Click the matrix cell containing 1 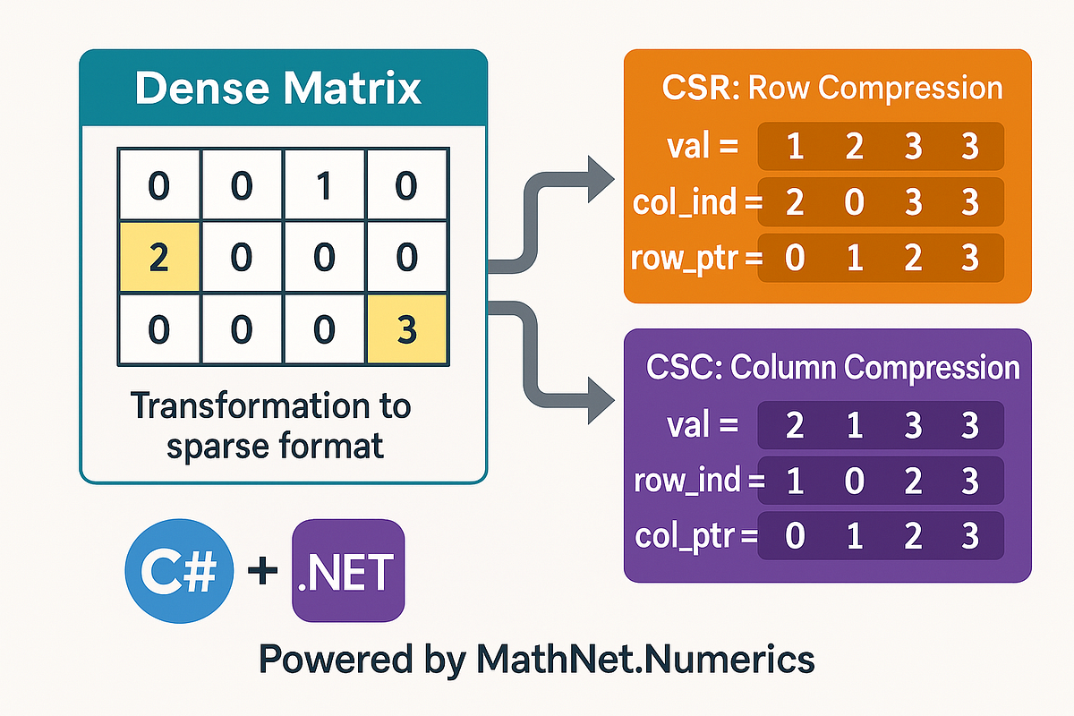pos(323,187)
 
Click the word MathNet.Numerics pos(645,660)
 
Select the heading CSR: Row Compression pos(832,89)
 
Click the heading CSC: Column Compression pos(832,368)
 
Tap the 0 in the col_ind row pos(854,203)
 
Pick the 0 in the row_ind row pos(854,482)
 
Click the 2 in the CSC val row pos(793,425)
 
